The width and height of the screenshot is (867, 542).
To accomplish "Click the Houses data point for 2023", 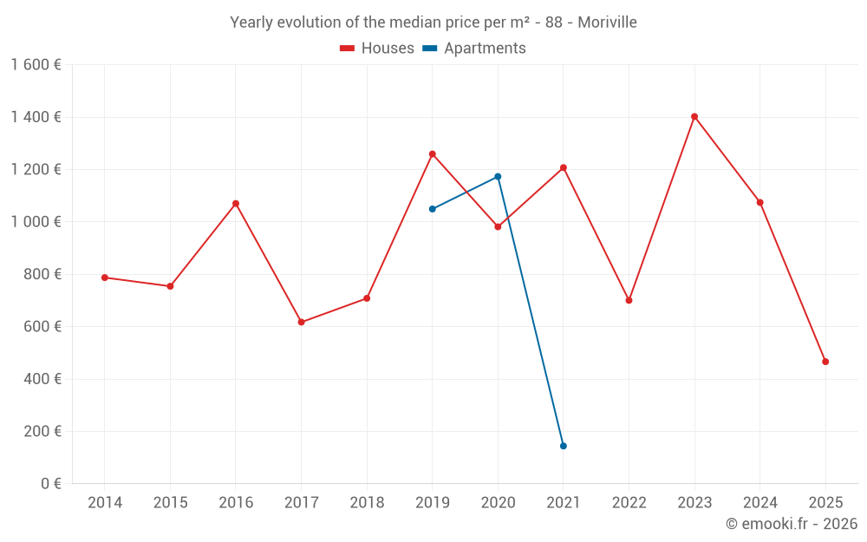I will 694,116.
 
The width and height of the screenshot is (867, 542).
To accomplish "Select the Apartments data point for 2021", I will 564,446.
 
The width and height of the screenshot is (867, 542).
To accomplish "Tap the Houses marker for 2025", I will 825,362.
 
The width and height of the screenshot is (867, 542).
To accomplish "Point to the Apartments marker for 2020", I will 498,176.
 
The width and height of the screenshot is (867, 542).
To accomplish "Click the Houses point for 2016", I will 236,204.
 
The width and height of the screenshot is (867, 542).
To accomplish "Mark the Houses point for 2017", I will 301,323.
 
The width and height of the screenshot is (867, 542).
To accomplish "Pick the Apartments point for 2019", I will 433,209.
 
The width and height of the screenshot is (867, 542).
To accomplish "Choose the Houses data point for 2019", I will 433,154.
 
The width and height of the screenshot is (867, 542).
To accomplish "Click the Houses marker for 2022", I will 629,300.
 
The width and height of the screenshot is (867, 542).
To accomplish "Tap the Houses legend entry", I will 377,49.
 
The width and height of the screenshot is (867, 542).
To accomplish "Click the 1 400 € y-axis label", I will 36,117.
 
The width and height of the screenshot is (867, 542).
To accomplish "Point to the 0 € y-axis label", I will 51,484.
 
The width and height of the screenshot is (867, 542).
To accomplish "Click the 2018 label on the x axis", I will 367,503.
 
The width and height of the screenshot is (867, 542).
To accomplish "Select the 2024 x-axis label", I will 759,503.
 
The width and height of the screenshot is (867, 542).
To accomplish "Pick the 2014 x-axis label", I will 105,503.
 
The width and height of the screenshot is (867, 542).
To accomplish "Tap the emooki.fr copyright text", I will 791,524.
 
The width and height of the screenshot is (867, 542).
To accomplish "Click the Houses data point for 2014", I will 105,278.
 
